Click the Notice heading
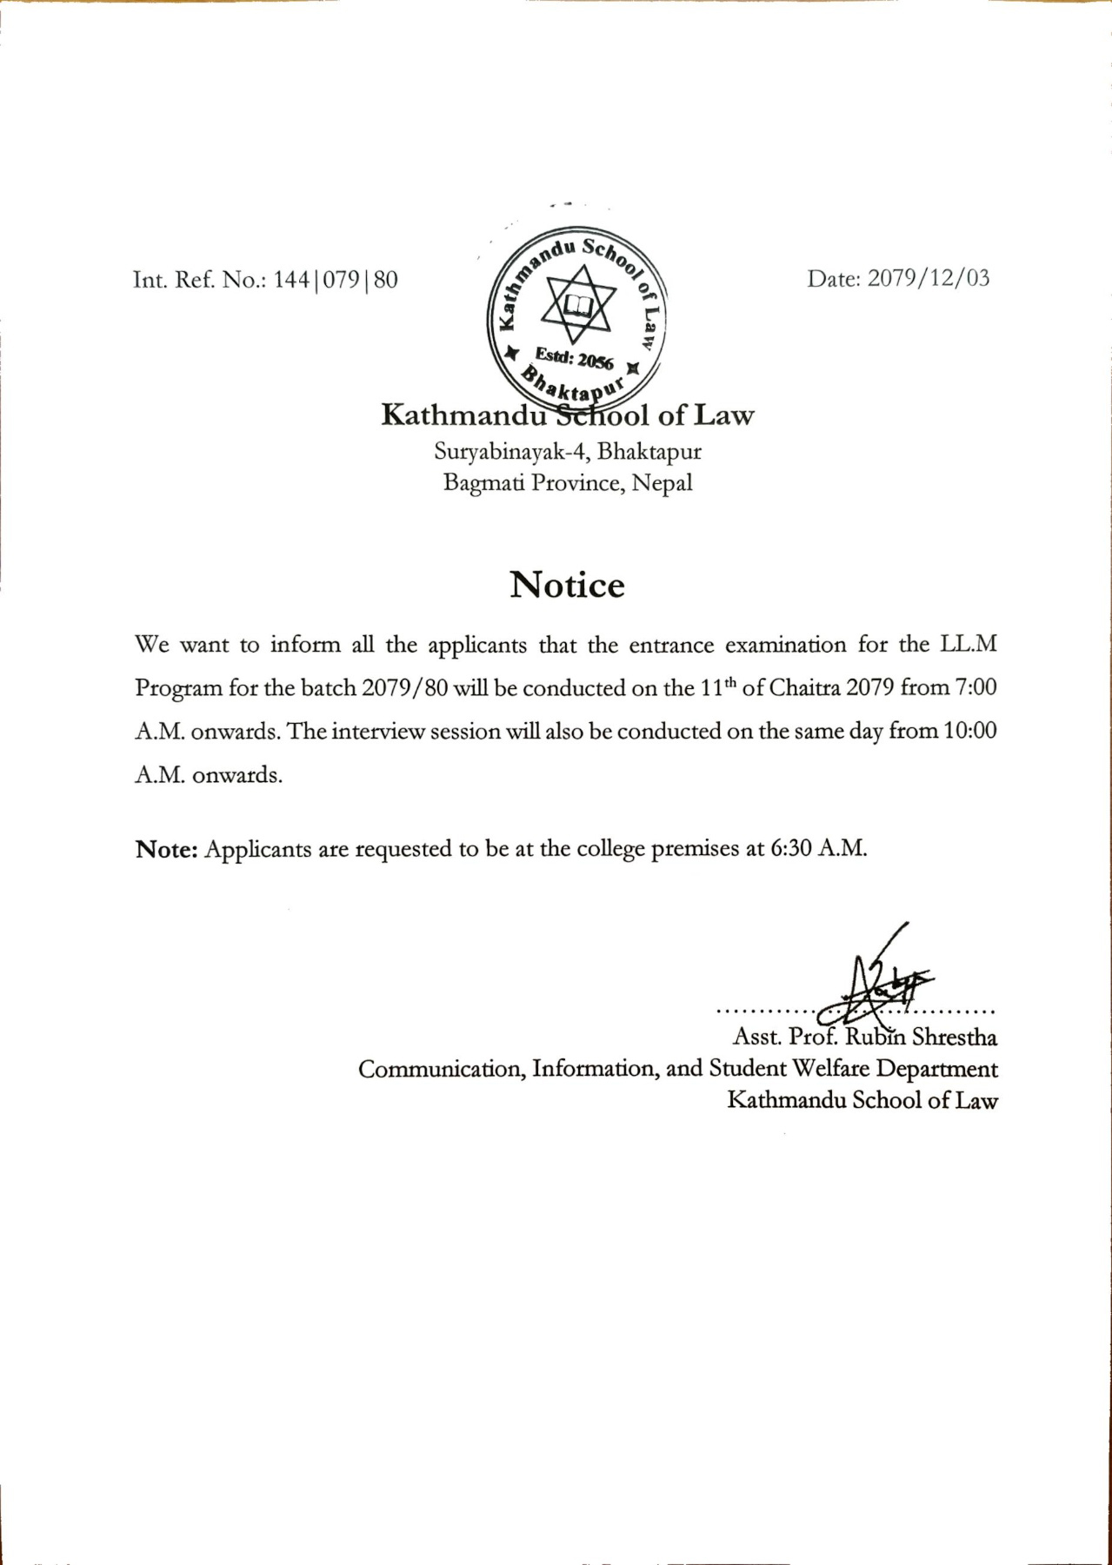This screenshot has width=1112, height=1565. point(567,585)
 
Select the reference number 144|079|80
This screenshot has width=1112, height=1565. point(336,280)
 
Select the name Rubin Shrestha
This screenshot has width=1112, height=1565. point(922,1037)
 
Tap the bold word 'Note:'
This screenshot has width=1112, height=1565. point(168,849)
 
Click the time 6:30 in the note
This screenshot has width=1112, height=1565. point(791,848)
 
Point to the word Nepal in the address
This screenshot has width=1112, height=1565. point(663,482)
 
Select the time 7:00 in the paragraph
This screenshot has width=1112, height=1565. point(975,687)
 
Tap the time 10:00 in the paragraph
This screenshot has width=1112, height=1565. point(970,731)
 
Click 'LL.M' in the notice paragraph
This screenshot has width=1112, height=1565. point(968,645)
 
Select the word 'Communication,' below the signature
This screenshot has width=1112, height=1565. point(441,1069)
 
